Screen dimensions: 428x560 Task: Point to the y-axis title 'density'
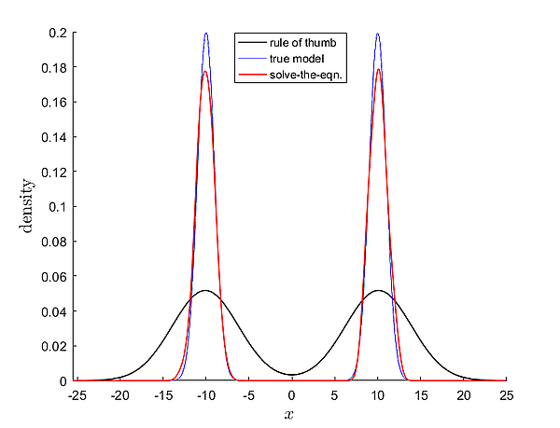[28, 206]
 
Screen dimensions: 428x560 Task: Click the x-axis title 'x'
[291, 412]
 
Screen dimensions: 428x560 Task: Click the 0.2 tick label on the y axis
[57, 33]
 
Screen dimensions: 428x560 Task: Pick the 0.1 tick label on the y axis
[57, 207]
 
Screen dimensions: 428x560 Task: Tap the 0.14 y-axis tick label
[53, 137]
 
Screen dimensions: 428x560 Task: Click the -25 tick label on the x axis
[77, 394]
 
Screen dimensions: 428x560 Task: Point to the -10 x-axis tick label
[205, 394]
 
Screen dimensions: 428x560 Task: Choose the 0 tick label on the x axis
[291, 394]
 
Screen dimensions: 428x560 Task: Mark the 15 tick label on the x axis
[420, 394]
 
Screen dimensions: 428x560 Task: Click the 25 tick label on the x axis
[506, 394]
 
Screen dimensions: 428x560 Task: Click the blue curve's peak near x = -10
[206, 34]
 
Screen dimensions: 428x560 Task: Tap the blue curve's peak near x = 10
[378, 34]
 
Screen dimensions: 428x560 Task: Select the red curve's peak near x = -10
[205, 71]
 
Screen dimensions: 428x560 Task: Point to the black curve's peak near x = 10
[378, 291]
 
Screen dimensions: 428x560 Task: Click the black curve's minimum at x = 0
[291, 375]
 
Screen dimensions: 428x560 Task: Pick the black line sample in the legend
[252, 43]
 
